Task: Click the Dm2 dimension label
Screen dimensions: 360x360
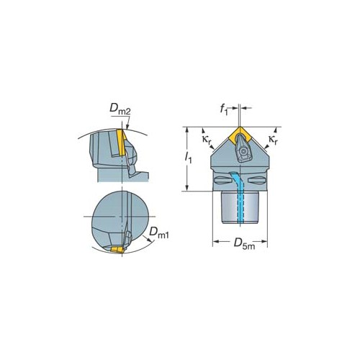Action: pyautogui.click(x=120, y=109)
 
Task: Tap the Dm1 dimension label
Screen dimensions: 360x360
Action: pyautogui.click(x=159, y=233)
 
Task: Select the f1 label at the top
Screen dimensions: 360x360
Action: pyautogui.click(x=224, y=109)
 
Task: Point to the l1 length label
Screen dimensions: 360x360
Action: pyautogui.click(x=188, y=158)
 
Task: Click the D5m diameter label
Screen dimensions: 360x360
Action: pyautogui.click(x=244, y=244)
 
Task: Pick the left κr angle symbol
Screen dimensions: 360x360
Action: pyautogui.click(x=207, y=140)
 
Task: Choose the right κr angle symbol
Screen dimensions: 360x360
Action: pyautogui.click(x=273, y=140)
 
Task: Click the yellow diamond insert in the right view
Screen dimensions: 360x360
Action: pyautogui.click(x=240, y=135)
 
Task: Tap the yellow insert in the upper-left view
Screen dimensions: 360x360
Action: pyautogui.click(x=121, y=143)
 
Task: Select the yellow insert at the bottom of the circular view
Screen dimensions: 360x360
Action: pyautogui.click(x=117, y=250)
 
